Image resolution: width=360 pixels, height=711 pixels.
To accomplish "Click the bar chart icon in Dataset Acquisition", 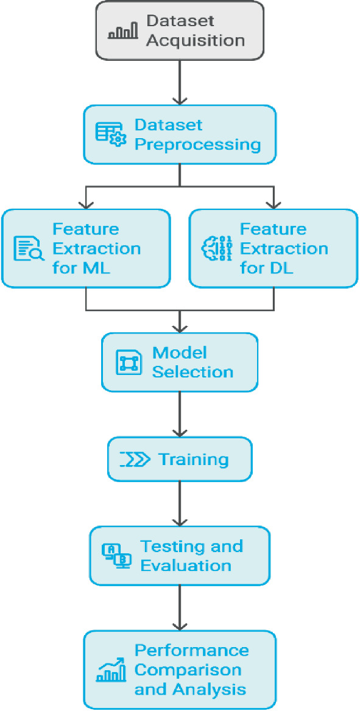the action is coord(123,31).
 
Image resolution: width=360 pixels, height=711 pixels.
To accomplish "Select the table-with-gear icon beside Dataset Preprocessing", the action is coord(111,134).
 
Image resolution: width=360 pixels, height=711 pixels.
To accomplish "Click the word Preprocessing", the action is coord(197,145).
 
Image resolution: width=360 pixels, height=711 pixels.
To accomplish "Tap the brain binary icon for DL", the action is coord(216,248).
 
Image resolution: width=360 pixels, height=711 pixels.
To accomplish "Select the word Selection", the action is coord(192,372).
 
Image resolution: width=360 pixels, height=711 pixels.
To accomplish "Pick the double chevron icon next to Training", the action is coord(135,460).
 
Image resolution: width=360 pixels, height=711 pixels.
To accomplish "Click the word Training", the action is coord(193,460).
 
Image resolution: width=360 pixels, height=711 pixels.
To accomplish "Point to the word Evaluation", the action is coord(186,566).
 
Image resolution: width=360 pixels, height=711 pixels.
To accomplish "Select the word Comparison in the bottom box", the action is coord(188,670).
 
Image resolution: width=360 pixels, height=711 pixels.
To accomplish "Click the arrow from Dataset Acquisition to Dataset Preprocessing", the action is coord(180,83).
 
